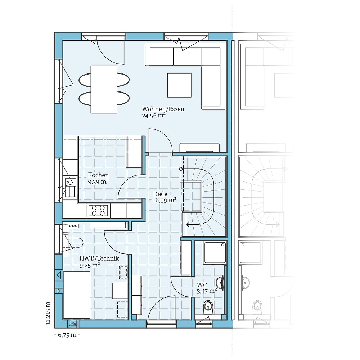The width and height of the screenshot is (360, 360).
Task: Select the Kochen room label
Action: (98, 175)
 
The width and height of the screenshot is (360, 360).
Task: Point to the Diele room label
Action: (160, 194)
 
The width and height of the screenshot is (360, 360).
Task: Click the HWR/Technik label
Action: (99, 258)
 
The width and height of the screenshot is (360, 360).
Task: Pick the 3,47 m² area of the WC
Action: (206, 291)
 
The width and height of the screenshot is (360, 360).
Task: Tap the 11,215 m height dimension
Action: (48, 311)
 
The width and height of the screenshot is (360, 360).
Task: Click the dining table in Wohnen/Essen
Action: (104, 89)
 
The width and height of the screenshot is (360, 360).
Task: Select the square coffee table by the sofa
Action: (179, 85)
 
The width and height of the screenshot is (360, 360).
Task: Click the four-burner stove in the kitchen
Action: (98, 210)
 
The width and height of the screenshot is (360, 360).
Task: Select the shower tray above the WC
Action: (215, 253)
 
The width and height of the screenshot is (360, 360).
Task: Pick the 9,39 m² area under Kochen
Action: (98, 182)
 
